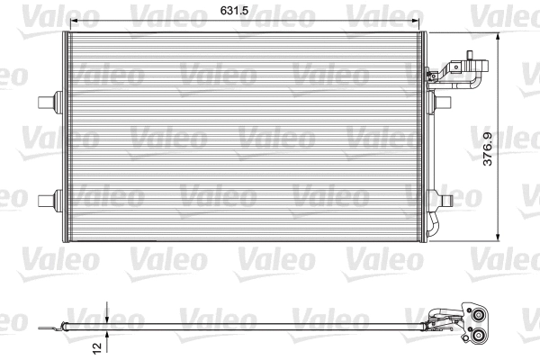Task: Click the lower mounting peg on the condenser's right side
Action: click(443, 195)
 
